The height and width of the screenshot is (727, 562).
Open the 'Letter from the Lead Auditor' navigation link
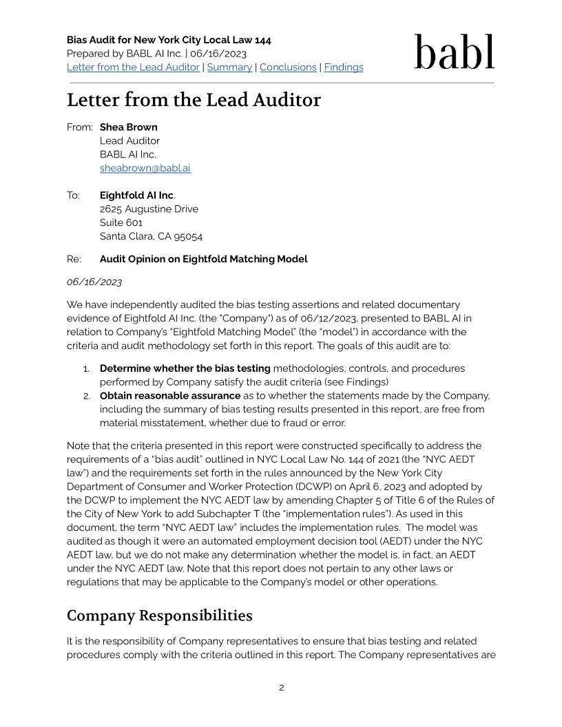point(133,67)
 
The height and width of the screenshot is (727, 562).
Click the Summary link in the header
point(229,67)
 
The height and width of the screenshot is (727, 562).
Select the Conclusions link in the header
point(288,67)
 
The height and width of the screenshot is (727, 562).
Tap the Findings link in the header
point(344,67)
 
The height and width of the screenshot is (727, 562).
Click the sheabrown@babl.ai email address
point(145,168)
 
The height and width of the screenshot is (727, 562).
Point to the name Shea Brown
point(128,127)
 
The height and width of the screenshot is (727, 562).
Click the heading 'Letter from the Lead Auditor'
point(194,101)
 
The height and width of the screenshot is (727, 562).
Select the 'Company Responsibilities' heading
point(159,615)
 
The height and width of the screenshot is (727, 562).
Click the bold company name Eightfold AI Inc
point(136,196)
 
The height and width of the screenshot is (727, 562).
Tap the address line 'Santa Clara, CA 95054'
point(151,236)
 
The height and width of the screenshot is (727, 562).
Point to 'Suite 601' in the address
point(121,223)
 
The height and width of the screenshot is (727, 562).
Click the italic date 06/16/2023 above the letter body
point(94,282)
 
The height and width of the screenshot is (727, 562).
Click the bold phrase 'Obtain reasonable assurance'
point(170,396)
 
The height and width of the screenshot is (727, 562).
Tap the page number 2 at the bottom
point(281,688)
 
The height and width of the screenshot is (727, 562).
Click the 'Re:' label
point(74,260)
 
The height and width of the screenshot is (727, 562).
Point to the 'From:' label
point(79,127)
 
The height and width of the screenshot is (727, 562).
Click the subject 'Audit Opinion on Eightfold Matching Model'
point(203,260)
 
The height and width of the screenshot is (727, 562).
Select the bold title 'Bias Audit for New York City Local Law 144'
point(169,40)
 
